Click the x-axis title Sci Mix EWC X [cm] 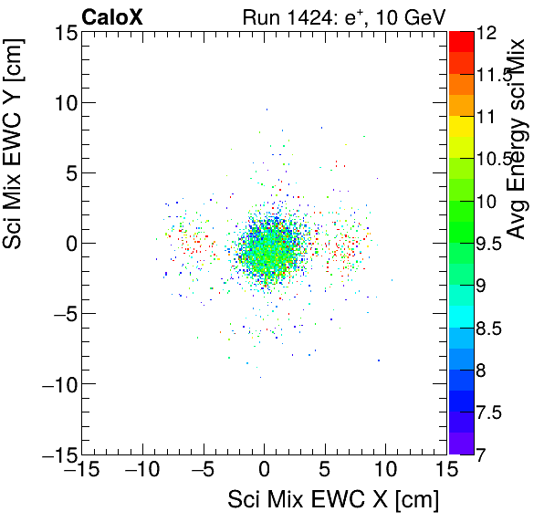pyautogui.click(x=333, y=499)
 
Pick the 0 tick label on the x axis pyautogui.click(x=265, y=470)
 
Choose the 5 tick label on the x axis pyautogui.click(x=325, y=470)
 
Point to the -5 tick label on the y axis pyautogui.click(x=58, y=313)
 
